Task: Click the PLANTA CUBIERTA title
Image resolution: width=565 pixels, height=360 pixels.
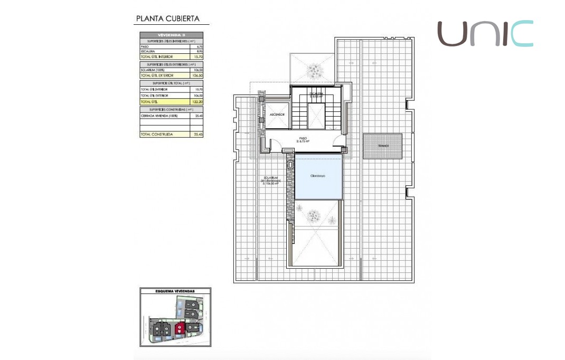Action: (x=167, y=18)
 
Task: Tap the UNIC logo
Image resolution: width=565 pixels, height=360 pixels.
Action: (x=485, y=34)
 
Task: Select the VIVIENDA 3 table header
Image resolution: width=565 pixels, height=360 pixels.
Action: (x=171, y=35)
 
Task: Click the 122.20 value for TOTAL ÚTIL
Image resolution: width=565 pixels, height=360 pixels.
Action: (x=197, y=101)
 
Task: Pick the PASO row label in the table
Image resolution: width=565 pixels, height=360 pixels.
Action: (x=145, y=46)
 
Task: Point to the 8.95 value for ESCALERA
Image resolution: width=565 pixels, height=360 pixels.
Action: (x=199, y=51)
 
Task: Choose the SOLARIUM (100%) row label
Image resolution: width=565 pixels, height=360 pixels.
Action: (x=151, y=70)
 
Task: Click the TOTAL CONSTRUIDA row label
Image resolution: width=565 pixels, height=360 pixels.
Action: (x=156, y=135)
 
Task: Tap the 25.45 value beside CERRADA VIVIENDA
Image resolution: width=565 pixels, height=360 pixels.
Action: (x=197, y=115)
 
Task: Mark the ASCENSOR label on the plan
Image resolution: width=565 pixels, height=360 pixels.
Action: (x=277, y=115)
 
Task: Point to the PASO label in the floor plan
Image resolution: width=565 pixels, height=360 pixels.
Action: (x=303, y=140)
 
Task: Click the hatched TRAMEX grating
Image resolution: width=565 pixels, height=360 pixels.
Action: (x=382, y=146)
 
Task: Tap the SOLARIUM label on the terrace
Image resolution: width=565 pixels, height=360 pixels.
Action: (x=270, y=180)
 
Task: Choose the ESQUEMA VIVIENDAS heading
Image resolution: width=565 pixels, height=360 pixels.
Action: (x=175, y=291)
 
